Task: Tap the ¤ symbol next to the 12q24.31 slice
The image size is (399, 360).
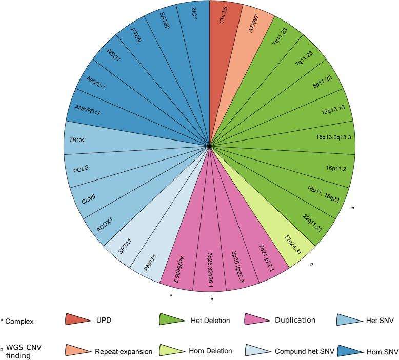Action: tap(312, 264)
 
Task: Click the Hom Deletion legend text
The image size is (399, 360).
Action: tap(210, 351)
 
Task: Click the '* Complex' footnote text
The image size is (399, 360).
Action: tap(18, 322)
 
